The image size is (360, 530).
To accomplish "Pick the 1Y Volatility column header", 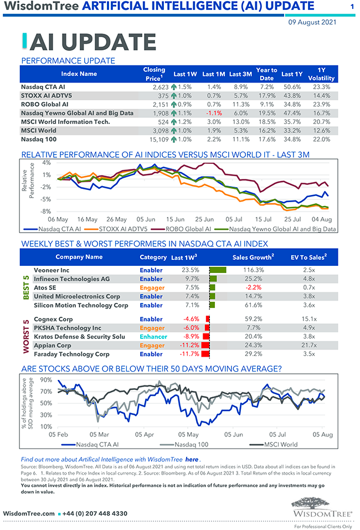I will click(x=321, y=74).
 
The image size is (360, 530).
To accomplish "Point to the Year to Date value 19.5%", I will click(x=266, y=113).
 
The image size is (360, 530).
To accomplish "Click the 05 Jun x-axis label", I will click(x=146, y=219).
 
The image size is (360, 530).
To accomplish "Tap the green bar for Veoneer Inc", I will click(x=218, y=270).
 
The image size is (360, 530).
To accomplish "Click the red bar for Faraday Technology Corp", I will click(x=205, y=354).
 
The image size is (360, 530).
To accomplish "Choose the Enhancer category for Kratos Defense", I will click(x=153, y=336).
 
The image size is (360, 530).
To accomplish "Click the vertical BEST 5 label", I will click(x=25, y=287).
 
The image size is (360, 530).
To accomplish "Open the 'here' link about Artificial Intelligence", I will click(x=191, y=460).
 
